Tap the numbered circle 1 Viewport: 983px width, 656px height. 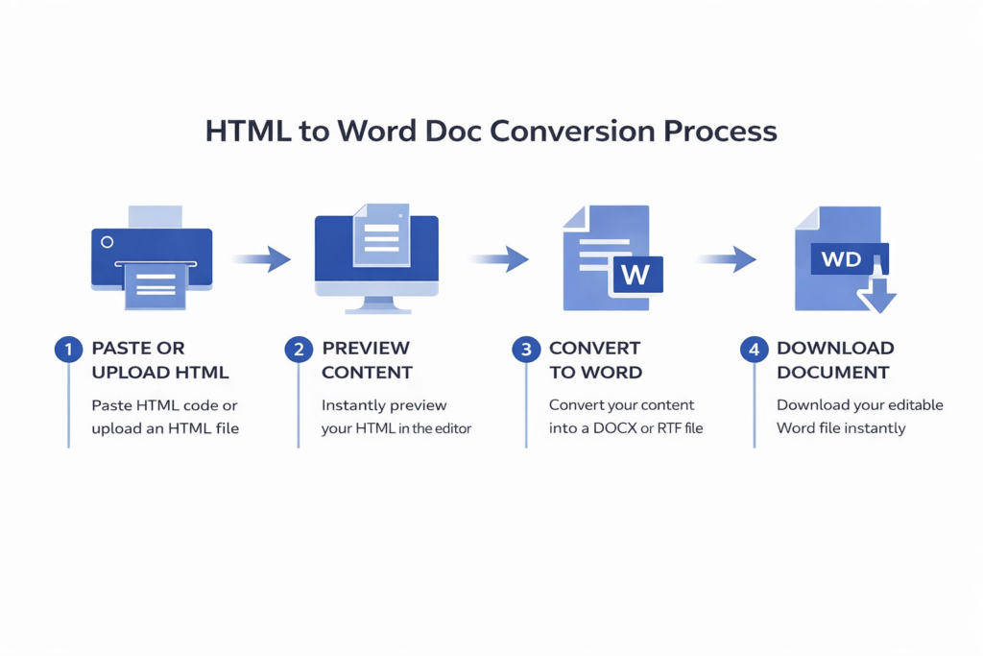pyautogui.click(x=67, y=349)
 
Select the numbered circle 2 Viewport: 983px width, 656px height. pyautogui.click(x=298, y=349)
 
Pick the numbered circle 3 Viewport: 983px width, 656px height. pyautogui.click(x=525, y=349)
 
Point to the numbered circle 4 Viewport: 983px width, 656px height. pyautogui.click(x=753, y=349)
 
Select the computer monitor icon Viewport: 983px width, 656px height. pyautogui.click(x=376, y=257)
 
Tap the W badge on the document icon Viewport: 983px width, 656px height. pyautogui.click(x=635, y=274)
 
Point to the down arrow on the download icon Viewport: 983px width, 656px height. pyautogui.click(x=875, y=293)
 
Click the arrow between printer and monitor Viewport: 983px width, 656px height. pyautogui.click(x=261, y=257)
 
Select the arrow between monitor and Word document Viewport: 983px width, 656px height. pyautogui.click(x=499, y=258)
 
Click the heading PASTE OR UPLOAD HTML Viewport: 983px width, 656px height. pyautogui.click(x=160, y=359)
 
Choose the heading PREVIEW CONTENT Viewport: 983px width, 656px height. pyautogui.click(x=367, y=359)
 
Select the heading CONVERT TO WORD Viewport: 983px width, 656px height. pyautogui.click(x=595, y=359)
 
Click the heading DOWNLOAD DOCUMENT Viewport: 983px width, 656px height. pyautogui.click(x=834, y=359)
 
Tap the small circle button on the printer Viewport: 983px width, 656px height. pyautogui.click(x=107, y=242)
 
